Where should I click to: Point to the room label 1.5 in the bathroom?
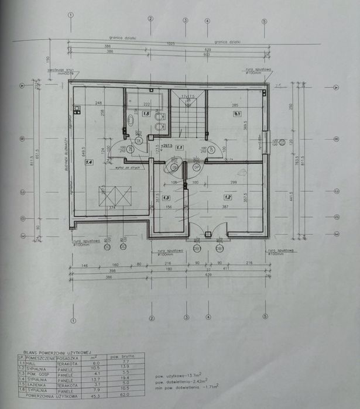[x=146, y=114]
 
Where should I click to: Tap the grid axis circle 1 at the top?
[x=71, y=16]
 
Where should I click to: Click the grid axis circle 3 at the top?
[x=186, y=20]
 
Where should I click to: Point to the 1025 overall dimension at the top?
[x=170, y=44]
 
